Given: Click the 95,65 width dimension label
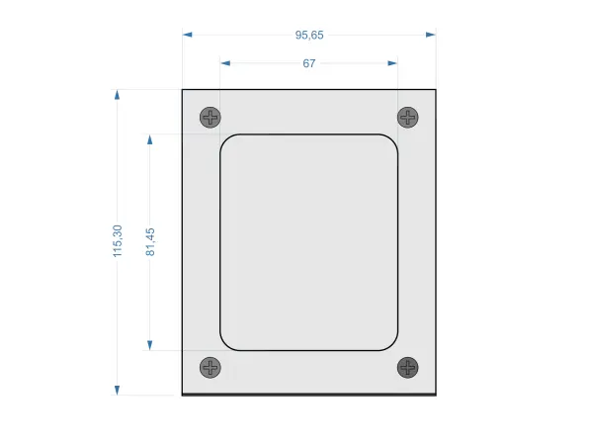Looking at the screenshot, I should tap(309, 35).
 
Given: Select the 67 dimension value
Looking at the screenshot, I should tap(309, 63).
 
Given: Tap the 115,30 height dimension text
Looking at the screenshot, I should tap(118, 242).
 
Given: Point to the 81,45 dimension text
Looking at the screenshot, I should tap(150, 242).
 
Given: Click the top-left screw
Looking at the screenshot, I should tap(210, 117).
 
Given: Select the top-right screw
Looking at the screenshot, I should tap(407, 117).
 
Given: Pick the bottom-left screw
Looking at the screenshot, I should tap(210, 368).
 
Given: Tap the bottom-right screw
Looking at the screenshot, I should tap(407, 368).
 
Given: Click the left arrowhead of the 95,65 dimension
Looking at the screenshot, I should tap(188, 35).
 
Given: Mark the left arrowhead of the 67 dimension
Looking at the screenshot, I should tap(225, 63).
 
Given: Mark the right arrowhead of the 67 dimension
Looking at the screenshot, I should tap(392, 63).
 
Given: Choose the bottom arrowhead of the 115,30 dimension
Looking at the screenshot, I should tap(118, 390).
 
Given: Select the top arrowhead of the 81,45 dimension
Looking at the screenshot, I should tap(150, 139).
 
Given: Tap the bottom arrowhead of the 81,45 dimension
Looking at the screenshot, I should tap(150, 345).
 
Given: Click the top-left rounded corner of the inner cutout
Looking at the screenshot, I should tap(225, 140).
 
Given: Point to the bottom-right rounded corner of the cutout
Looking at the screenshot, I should tap(391, 344).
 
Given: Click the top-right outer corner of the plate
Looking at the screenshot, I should tap(436, 90).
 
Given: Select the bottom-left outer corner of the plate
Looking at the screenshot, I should tap(183, 395).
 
